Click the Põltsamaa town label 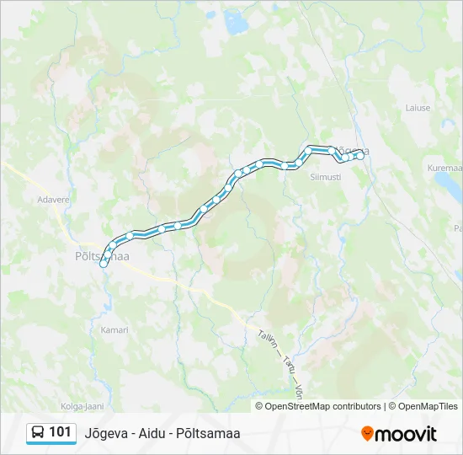tap(98, 256)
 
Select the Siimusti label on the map tap(325, 177)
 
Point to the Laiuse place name tap(417, 108)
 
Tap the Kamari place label tap(114, 329)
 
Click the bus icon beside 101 tap(38, 432)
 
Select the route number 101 tap(61, 432)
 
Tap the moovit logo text tap(406, 434)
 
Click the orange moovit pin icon tap(367, 433)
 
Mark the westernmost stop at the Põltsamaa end tap(104, 264)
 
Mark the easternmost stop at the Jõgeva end tap(360, 155)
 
